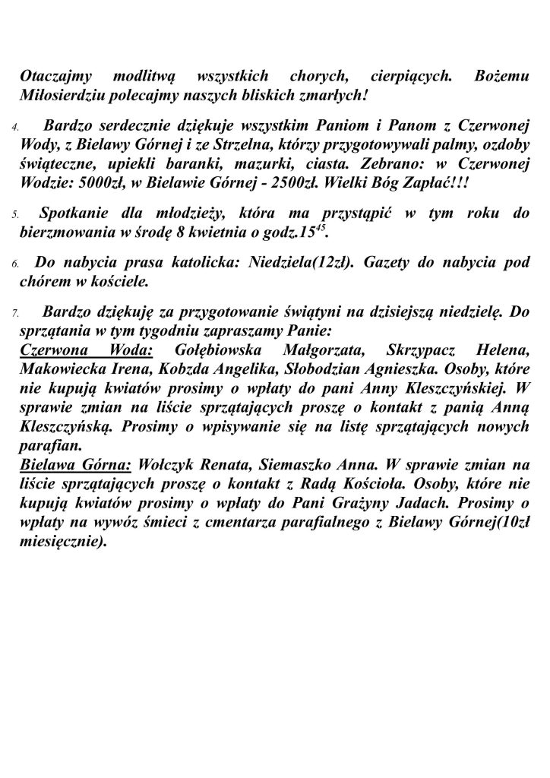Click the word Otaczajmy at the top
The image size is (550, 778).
55,79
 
